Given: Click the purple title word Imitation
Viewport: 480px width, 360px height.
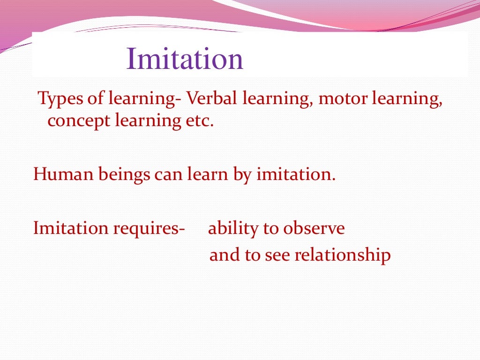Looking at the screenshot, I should click(185, 60).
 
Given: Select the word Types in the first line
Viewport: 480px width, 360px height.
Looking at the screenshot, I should click(57, 99).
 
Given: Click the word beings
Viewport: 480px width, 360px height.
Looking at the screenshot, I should click(121, 175).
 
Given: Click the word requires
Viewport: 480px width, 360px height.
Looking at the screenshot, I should click(149, 229).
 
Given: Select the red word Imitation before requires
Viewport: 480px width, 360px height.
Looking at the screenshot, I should click(70, 228).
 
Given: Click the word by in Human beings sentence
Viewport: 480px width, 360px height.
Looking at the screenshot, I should click(243, 175).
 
